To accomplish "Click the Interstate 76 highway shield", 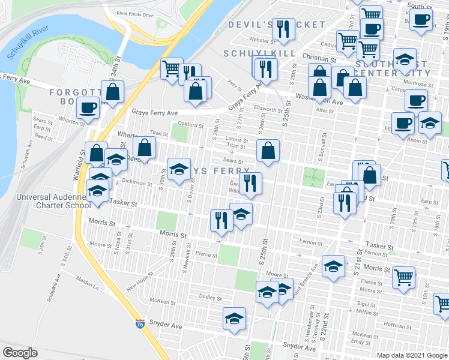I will [140, 323].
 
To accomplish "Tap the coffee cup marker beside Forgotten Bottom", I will [88, 108].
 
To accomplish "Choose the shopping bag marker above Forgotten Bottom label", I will [112, 92].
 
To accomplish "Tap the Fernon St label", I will [312, 242].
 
